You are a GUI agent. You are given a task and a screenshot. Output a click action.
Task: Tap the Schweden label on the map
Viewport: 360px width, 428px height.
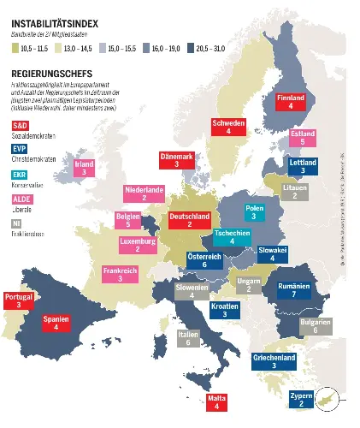pyautogui.click(x=229, y=128)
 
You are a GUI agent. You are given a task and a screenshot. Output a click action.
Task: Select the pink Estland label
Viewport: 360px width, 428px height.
pyautogui.click(x=303, y=138)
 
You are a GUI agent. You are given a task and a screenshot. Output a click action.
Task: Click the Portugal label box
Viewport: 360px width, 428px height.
pyautogui.click(x=18, y=300)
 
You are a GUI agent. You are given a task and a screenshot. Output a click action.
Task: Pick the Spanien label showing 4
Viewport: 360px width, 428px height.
pyautogui.click(x=56, y=322)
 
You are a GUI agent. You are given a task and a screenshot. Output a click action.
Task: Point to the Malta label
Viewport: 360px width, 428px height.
pyautogui.click(x=217, y=402)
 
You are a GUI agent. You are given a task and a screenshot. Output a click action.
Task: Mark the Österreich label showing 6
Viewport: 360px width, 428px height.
pyautogui.click(x=204, y=261)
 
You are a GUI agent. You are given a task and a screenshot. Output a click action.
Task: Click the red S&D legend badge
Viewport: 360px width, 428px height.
pyautogui.click(x=19, y=126)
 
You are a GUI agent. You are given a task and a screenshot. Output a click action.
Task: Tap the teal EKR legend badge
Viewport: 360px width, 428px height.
pyautogui.click(x=19, y=175)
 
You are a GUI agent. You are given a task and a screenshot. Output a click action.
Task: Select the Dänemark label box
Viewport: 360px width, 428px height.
pyautogui.click(x=176, y=160)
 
